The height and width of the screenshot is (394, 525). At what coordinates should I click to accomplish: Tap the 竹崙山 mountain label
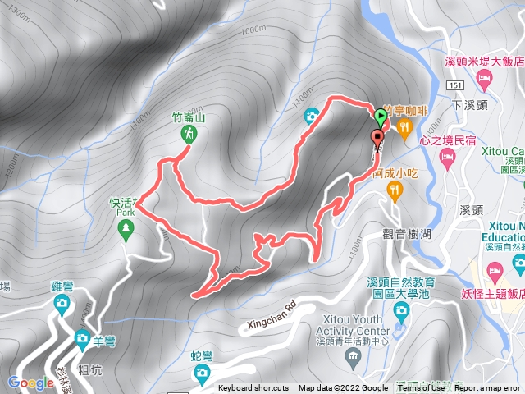tap(189, 117)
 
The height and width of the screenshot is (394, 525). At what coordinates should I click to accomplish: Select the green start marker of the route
tap(379, 117)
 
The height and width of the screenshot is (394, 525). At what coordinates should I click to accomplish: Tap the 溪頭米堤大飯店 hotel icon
tap(482, 80)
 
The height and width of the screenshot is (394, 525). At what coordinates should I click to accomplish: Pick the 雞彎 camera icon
tap(62, 304)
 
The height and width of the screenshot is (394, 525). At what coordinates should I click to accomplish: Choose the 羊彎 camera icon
tap(82, 338)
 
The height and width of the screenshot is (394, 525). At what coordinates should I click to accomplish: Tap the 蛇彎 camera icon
tap(202, 373)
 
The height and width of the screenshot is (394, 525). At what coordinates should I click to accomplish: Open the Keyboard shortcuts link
tap(253, 388)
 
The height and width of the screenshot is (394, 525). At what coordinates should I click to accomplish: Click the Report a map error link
tap(489, 388)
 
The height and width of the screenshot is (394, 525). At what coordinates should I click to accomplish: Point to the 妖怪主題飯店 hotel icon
tap(495, 270)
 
